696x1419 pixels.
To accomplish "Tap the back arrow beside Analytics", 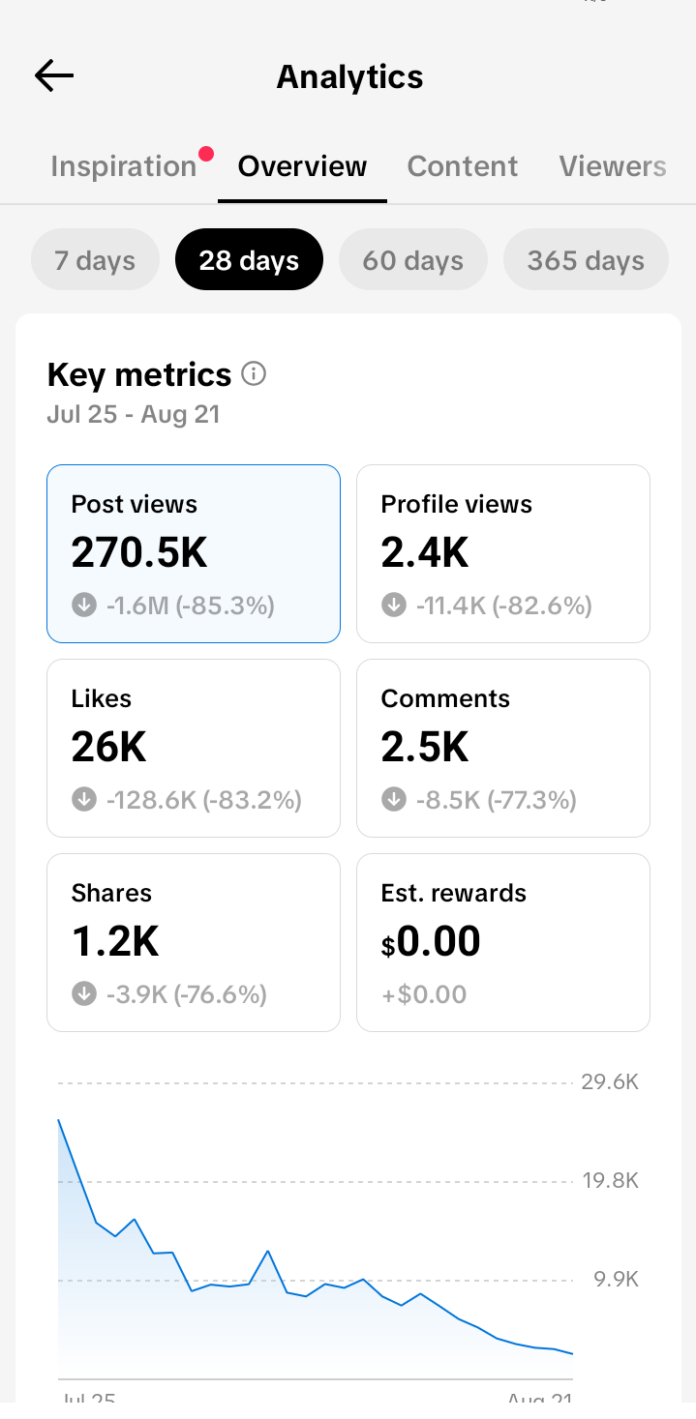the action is point(54,76).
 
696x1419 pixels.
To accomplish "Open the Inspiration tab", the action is point(124,166).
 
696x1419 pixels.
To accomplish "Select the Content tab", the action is point(462,166).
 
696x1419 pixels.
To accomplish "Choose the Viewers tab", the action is point(613,166).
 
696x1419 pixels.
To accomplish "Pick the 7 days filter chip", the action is point(95,260).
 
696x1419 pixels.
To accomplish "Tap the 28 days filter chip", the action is point(249,260).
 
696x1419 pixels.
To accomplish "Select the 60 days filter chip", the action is point(413,260).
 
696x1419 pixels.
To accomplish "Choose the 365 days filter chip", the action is point(586,260).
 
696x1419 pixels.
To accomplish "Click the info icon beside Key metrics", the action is point(254,373).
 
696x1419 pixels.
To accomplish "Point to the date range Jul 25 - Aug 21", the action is point(134,414).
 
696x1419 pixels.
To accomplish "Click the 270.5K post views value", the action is point(139,552).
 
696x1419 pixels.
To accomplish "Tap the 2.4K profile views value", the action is point(425,552).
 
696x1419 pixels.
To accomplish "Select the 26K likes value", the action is point(109,747).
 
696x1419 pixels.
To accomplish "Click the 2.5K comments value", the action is point(425,747).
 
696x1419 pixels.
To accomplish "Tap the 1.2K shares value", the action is point(115,941).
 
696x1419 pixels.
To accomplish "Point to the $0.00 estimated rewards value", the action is point(431,941).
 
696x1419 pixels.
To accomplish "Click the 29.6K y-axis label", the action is point(610,1082).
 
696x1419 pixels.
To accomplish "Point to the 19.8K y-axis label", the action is point(611,1181).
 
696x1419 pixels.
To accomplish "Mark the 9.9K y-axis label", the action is point(616,1280).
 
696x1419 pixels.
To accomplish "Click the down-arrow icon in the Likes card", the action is point(84,799).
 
